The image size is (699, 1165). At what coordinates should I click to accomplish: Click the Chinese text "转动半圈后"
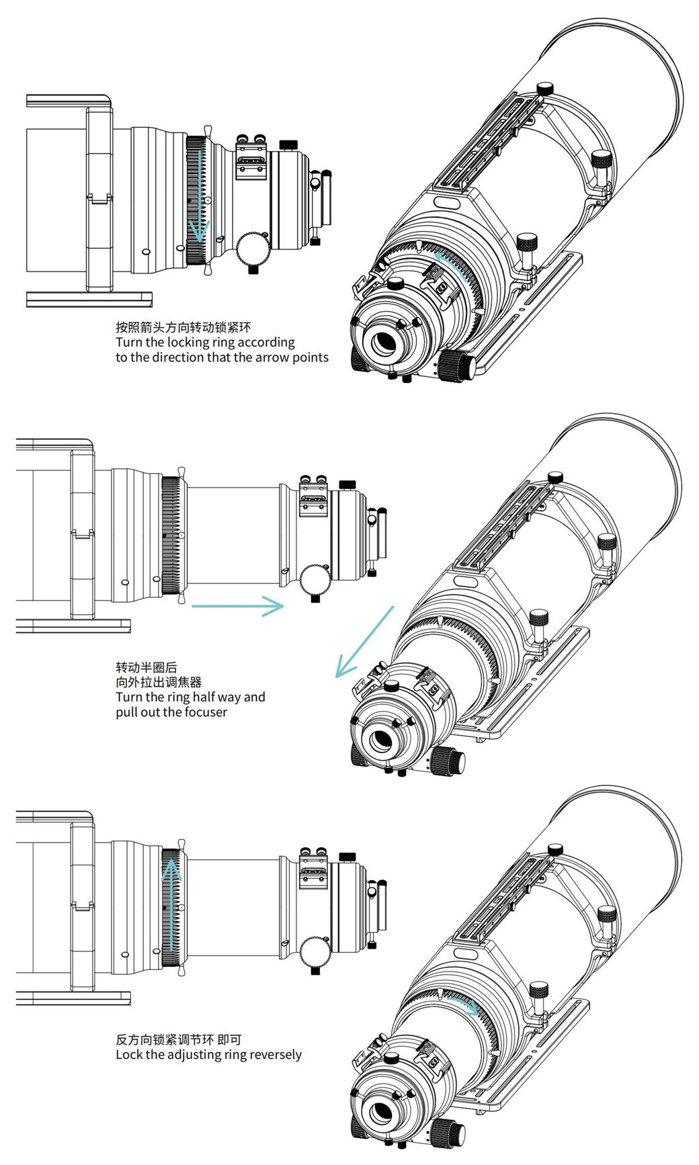point(147,668)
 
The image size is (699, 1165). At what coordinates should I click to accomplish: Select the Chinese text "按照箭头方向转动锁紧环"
point(183,328)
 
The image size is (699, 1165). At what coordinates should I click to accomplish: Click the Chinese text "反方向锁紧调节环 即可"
point(178,1039)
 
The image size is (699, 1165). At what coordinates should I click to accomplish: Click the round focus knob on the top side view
point(253,249)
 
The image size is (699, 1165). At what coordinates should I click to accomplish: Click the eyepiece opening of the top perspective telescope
point(384,343)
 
